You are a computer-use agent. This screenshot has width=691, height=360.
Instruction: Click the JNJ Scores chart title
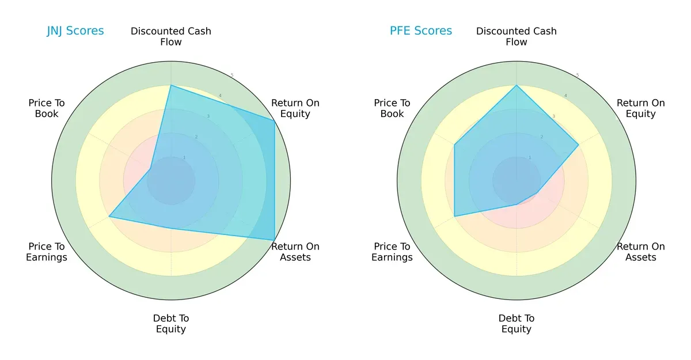tap(75, 31)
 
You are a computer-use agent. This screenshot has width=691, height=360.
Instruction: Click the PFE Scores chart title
tap(421, 31)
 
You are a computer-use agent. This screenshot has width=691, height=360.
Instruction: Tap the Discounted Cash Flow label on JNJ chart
tap(171, 36)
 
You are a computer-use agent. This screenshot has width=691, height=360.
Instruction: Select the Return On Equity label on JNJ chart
tap(295, 108)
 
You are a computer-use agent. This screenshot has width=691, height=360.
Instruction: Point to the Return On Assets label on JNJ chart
tap(295, 252)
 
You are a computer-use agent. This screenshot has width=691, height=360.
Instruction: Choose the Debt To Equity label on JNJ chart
tap(171, 324)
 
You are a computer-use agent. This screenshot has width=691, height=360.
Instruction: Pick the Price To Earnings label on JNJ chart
tap(47, 252)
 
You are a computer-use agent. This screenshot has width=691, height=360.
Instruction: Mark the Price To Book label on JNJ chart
tap(47, 108)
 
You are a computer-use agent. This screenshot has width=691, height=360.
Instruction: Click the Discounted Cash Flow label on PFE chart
tap(517, 36)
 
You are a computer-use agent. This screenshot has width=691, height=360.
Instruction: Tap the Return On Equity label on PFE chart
tap(641, 108)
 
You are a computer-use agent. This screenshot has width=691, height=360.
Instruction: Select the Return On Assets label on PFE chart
tap(641, 252)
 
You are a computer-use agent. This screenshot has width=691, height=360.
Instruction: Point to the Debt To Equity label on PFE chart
tap(517, 324)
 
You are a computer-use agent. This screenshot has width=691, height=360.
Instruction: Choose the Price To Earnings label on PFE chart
tap(392, 252)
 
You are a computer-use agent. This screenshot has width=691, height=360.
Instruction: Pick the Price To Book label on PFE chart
tap(392, 108)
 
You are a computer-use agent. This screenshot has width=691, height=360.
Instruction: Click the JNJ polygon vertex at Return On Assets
tap(274, 240)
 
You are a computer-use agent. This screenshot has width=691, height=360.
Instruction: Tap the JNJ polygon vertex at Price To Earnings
tap(109, 217)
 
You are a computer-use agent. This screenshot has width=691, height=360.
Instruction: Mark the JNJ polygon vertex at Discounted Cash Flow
tap(171, 85)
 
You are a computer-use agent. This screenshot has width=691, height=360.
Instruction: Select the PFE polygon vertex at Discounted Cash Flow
tap(517, 85)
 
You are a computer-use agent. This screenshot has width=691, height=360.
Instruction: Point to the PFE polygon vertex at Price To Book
tap(454, 145)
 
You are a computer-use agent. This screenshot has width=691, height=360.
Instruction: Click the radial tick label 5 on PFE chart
tap(578, 75)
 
